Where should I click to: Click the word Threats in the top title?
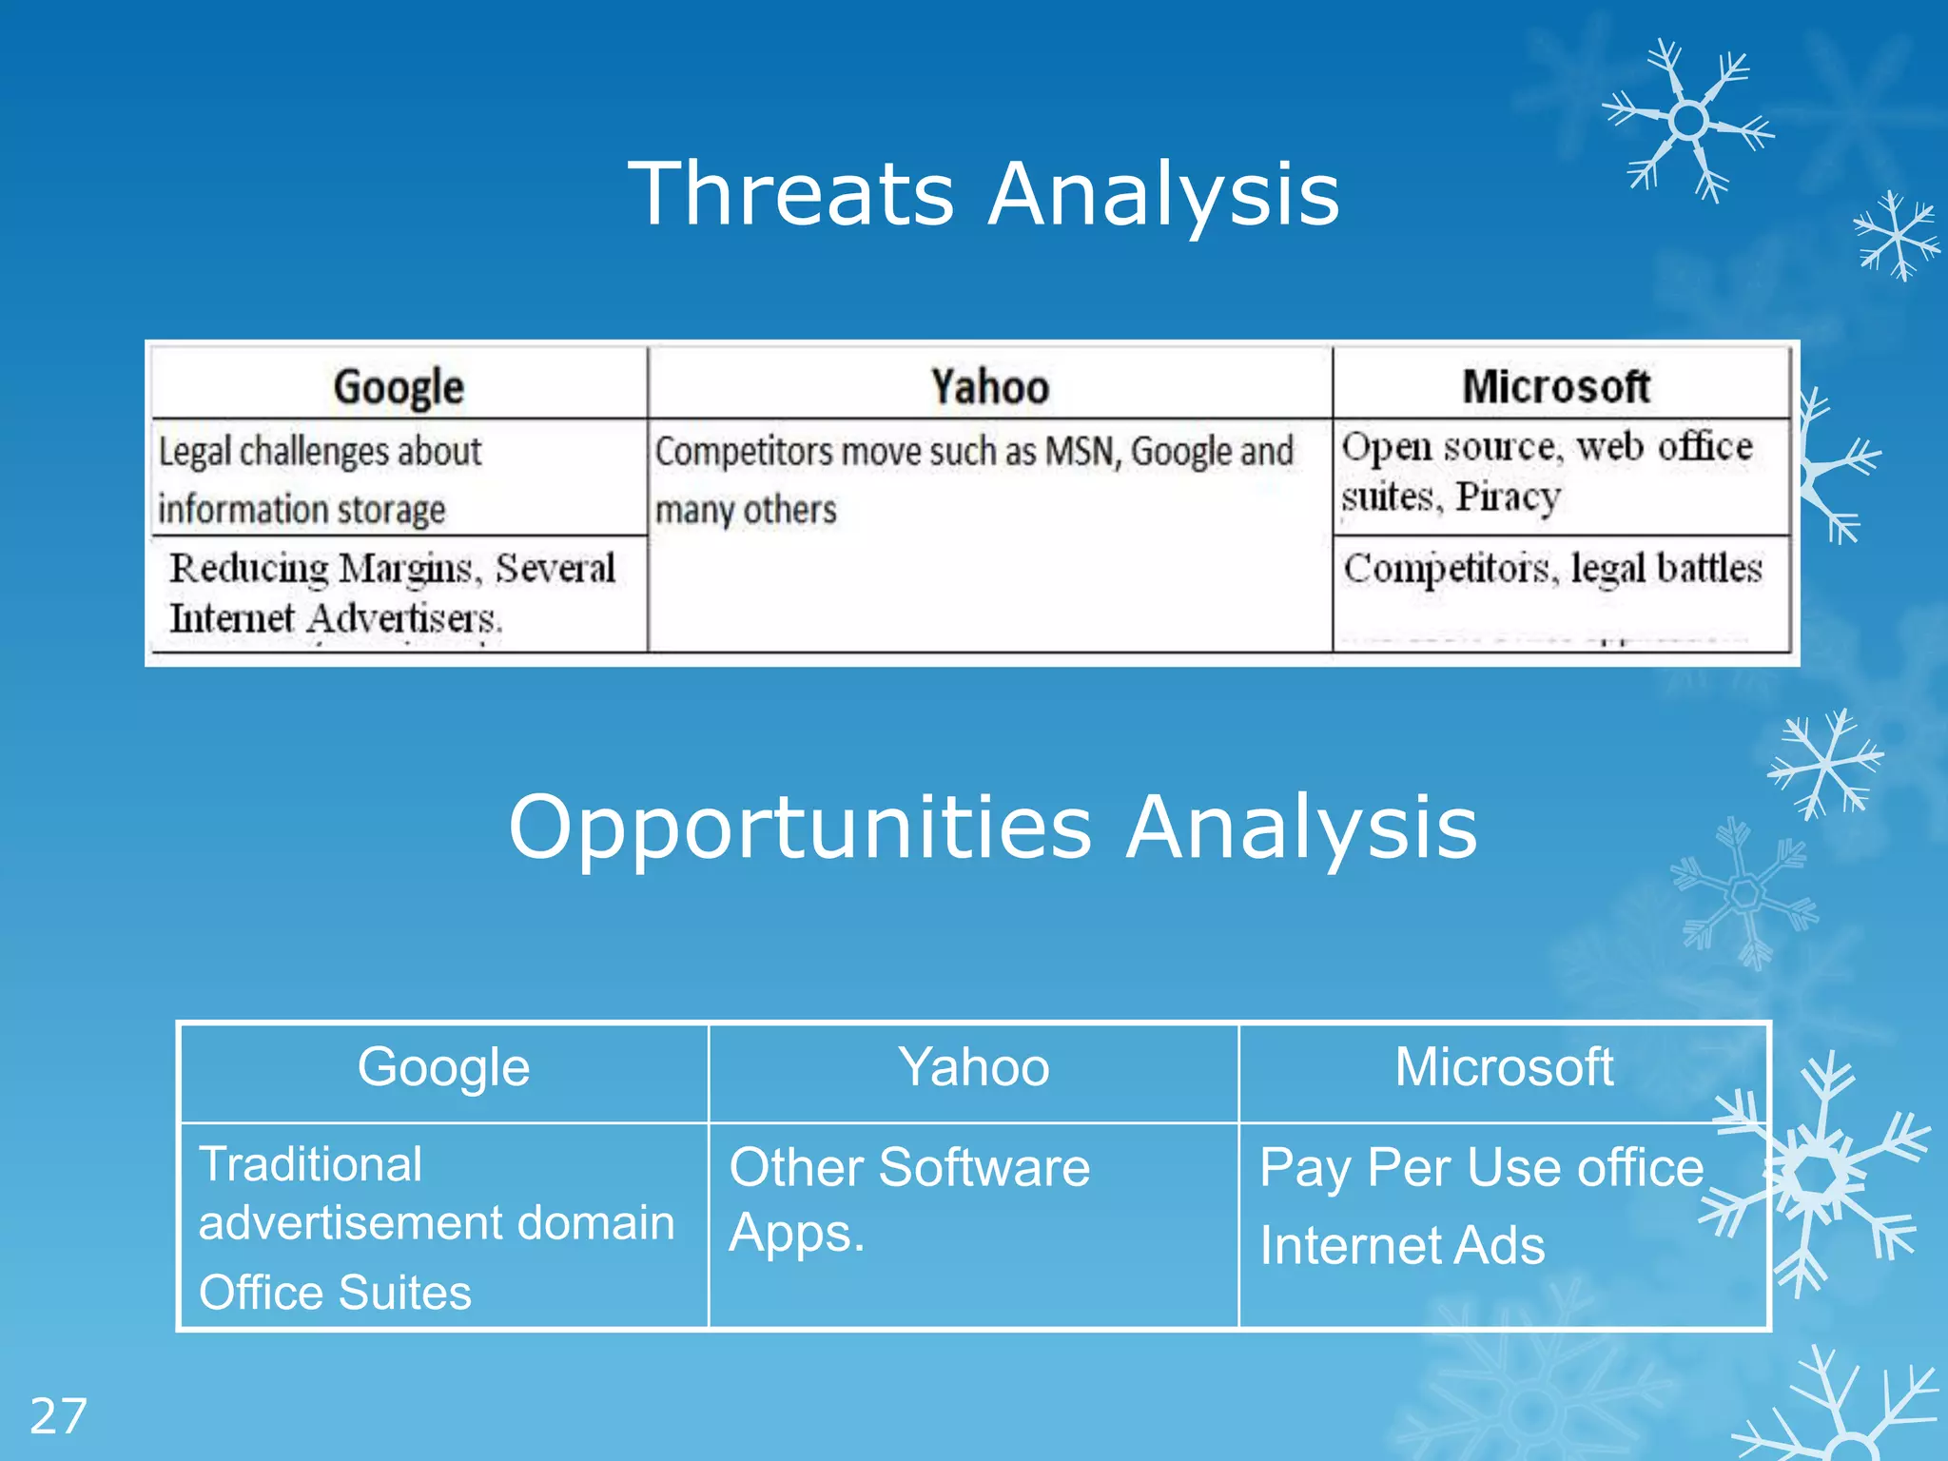click(790, 194)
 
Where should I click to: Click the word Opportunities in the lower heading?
click(800, 828)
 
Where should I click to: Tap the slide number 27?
click(58, 1416)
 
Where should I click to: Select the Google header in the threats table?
click(399, 387)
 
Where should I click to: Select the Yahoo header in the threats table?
click(989, 387)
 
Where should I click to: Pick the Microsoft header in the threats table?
click(1556, 387)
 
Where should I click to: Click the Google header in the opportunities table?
click(443, 1067)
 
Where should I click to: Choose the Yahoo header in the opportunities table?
click(974, 1067)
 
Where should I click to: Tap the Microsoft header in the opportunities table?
click(1504, 1067)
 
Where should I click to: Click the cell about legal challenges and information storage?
click(321, 479)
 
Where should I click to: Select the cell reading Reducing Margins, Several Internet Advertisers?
click(392, 592)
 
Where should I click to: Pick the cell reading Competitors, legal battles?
click(1552, 569)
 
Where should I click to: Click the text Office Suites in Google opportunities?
click(335, 1293)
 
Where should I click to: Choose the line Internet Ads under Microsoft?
click(1402, 1246)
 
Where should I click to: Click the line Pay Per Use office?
click(1481, 1167)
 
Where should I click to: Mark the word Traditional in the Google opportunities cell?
click(310, 1164)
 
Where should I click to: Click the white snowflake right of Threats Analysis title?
click(1688, 121)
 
